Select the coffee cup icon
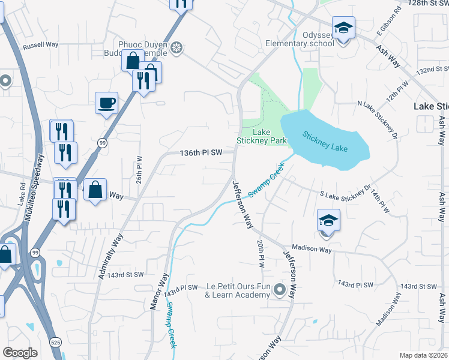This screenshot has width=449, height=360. click(x=106, y=103)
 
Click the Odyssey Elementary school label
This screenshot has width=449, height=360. click(x=300, y=39)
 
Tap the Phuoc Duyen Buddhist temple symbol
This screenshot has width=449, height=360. click(x=176, y=47)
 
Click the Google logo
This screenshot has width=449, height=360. click(x=20, y=353)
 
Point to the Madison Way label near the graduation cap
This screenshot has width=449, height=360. click(x=312, y=248)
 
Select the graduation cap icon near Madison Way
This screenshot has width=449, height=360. click(x=328, y=220)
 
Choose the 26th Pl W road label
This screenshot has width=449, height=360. click(x=139, y=171)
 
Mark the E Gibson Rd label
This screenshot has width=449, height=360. click(x=389, y=21)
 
